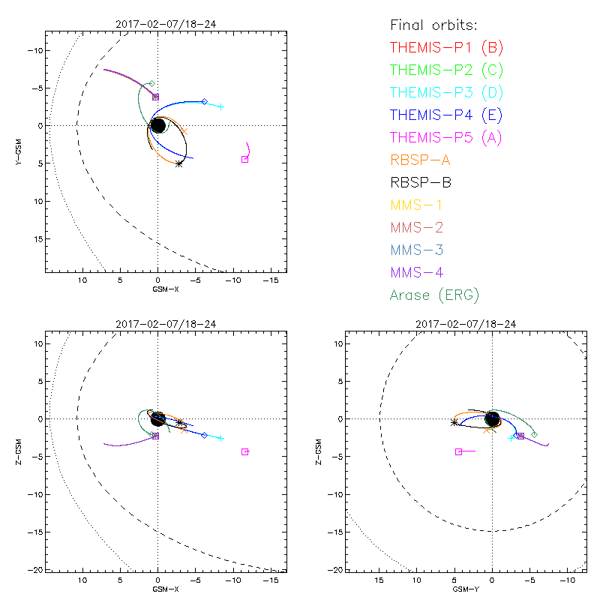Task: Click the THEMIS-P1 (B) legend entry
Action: (x=446, y=47)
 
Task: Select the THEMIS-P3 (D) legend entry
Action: (x=446, y=92)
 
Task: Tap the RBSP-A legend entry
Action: (x=419, y=160)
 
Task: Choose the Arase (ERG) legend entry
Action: (x=434, y=295)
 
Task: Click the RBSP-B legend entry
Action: (x=419, y=182)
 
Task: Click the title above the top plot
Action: (x=157, y=24)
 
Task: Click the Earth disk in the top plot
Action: (x=157, y=125)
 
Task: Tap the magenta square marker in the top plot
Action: (x=244, y=159)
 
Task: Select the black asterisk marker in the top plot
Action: (x=178, y=163)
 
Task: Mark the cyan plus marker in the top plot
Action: (x=220, y=106)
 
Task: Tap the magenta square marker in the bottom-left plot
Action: (x=244, y=451)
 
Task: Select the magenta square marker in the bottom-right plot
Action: (x=458, y=451)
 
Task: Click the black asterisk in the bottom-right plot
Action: (x=454, y=422)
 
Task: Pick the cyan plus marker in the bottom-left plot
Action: (x=220, y=438)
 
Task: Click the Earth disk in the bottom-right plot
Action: (x=492, y=418)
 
